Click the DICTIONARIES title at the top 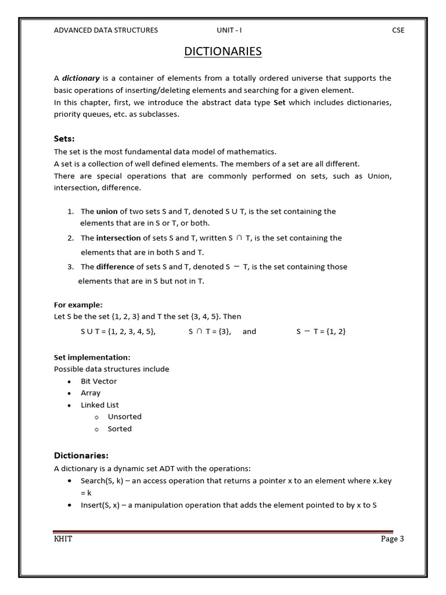(x=223, y=52)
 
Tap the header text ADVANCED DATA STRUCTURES (x=106, y=30)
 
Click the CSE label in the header (x=398, y=30)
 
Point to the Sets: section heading (x=64, y=139)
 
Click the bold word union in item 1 (x=107, y=212)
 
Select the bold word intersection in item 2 (x=118, y=238)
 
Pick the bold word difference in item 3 (x=115, y=267)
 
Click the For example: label (x=78, y=304)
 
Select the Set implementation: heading (x=92, y=357)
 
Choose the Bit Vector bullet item (x=99, y=381)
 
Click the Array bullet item (x=91, y=393)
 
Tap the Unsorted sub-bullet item (x=124, y=417)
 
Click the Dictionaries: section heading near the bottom (x=81, y=455)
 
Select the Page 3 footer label (x=392, y=539)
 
